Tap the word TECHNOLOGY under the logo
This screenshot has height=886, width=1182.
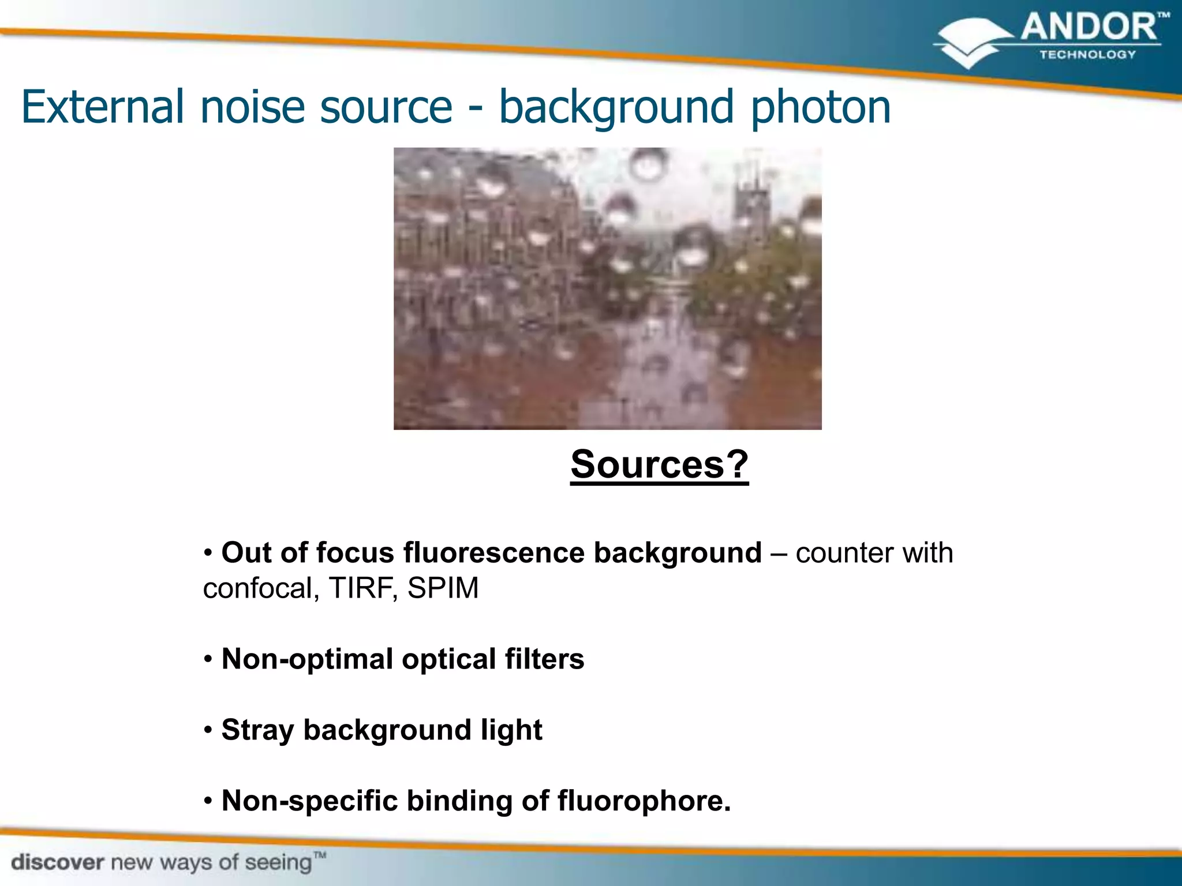(1087, 55)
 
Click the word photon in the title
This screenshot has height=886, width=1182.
(821, 108)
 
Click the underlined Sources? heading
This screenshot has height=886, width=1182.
(659, 464)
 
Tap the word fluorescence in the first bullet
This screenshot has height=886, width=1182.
(494, 553)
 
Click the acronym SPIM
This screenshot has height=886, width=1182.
(443, 588)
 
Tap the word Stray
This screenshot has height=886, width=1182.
(257, 730)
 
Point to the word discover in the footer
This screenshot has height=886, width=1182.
(58, 863)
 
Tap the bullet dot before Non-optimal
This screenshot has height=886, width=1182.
(208, 659)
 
